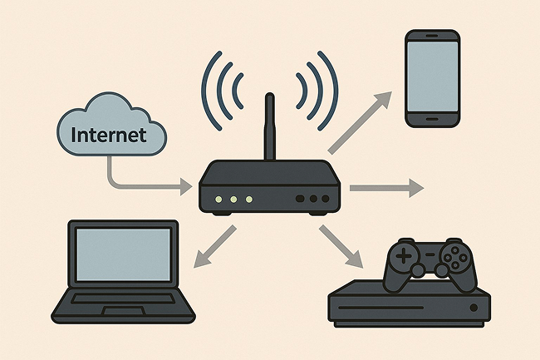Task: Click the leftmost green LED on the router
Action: pos(218,200)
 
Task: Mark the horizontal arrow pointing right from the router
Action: pos(385,189)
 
